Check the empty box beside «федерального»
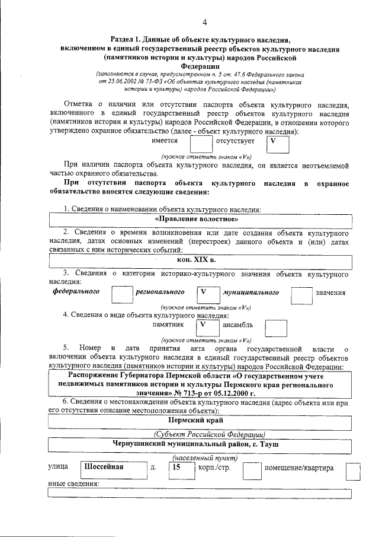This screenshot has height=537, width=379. click(x=123, y=294)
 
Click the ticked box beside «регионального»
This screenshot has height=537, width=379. click(x=207, y=294)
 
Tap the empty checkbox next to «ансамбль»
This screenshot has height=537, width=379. click(x=275, y=328)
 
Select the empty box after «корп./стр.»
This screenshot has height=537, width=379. click(x=252, y=470)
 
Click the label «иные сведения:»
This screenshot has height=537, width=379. click(x=73, y=484)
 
